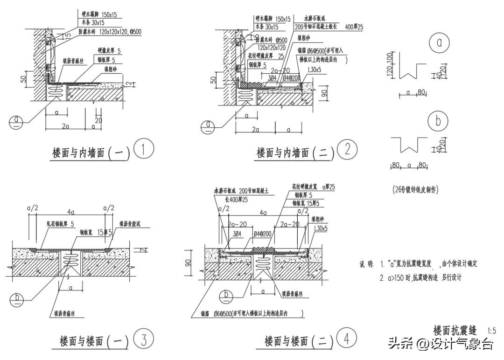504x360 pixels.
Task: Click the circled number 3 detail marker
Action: (143, 339)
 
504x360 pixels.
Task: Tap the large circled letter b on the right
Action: (438, 121)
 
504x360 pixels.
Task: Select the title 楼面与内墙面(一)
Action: (91, 152)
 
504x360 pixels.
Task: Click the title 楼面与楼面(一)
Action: (94, 341)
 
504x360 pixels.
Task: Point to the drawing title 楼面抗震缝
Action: (455, 330)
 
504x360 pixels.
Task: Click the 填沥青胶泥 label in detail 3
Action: (134, 224)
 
